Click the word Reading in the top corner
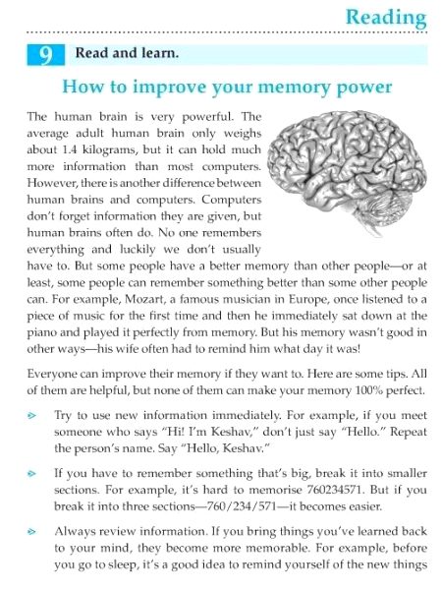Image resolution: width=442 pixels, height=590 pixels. (x=387, y=18)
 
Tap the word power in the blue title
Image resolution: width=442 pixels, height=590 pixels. (x=359, y=87)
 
